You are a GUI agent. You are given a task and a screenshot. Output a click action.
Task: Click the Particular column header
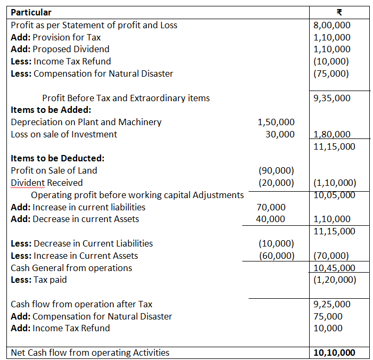tap(31, 12)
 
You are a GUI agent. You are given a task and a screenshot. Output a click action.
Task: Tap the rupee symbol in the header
tap(332, 12)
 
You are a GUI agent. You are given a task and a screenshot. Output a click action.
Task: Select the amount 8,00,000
tap(332, 25)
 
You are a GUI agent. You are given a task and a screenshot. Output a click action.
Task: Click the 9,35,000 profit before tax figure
tap(332, 98)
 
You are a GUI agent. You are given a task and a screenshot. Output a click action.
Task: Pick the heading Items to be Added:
tap(51, 110)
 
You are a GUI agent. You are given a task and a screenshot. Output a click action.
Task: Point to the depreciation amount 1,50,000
tap(276, 122)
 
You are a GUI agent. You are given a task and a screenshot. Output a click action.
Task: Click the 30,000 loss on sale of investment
tap(280, 134)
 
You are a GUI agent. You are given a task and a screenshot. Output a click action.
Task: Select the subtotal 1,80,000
tap(332, 135)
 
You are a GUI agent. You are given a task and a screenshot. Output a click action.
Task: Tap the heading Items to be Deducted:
tap(57, 158)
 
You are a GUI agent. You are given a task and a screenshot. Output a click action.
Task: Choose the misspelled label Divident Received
tap(47, 183)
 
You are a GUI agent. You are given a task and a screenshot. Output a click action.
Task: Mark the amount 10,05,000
tap(334, 195)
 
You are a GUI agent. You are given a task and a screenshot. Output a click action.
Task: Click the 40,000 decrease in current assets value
tap(270, 219)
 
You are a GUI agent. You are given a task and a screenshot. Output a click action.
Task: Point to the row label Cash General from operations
tap(71, 268)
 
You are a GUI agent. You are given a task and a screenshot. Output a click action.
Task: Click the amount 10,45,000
tap(334, 268)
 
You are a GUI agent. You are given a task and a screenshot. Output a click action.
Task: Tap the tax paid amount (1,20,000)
tap(334, 280)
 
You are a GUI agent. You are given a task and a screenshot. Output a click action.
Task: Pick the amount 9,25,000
tap(332, 304)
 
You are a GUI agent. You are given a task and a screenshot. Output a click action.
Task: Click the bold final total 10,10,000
tap(334, 353)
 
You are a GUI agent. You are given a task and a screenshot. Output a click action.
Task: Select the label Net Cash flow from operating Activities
tap(90, 353)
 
